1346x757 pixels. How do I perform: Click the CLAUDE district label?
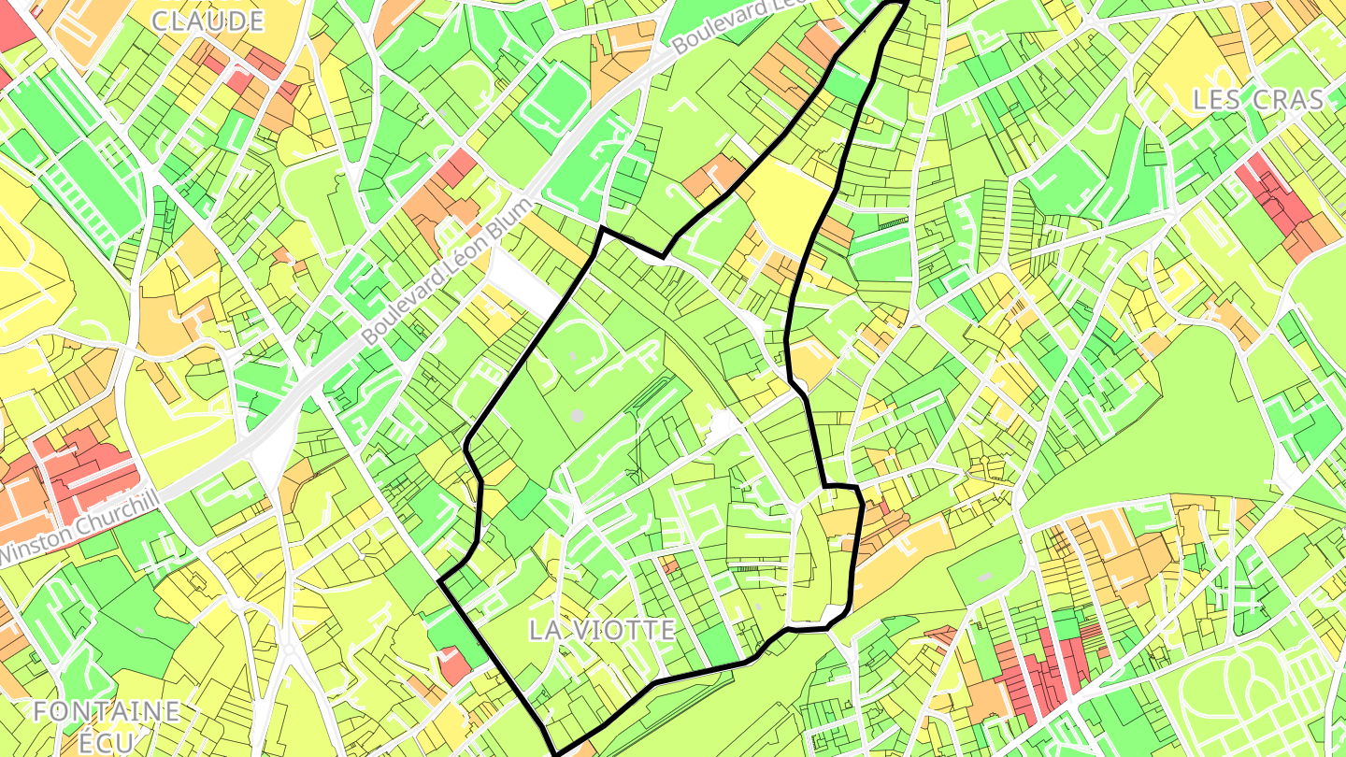pyautogui.click(x=207, y=21)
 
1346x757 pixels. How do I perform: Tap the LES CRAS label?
pyautogui.click(x=1258, y=100)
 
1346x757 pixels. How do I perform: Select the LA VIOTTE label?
pyautogui.click(x=602, y=630)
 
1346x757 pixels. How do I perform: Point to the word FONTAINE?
pyautogui.click(x=107, y=711)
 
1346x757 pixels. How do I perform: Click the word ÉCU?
pyautogui.click(x=107, y=742)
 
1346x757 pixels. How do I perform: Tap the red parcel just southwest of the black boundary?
pyautogui.click(x=454, y=664)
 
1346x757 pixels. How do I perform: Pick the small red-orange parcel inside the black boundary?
pyautogui.click(x=668, y=564)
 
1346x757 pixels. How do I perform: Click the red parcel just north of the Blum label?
pyautogui.click(x=458, y=168)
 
